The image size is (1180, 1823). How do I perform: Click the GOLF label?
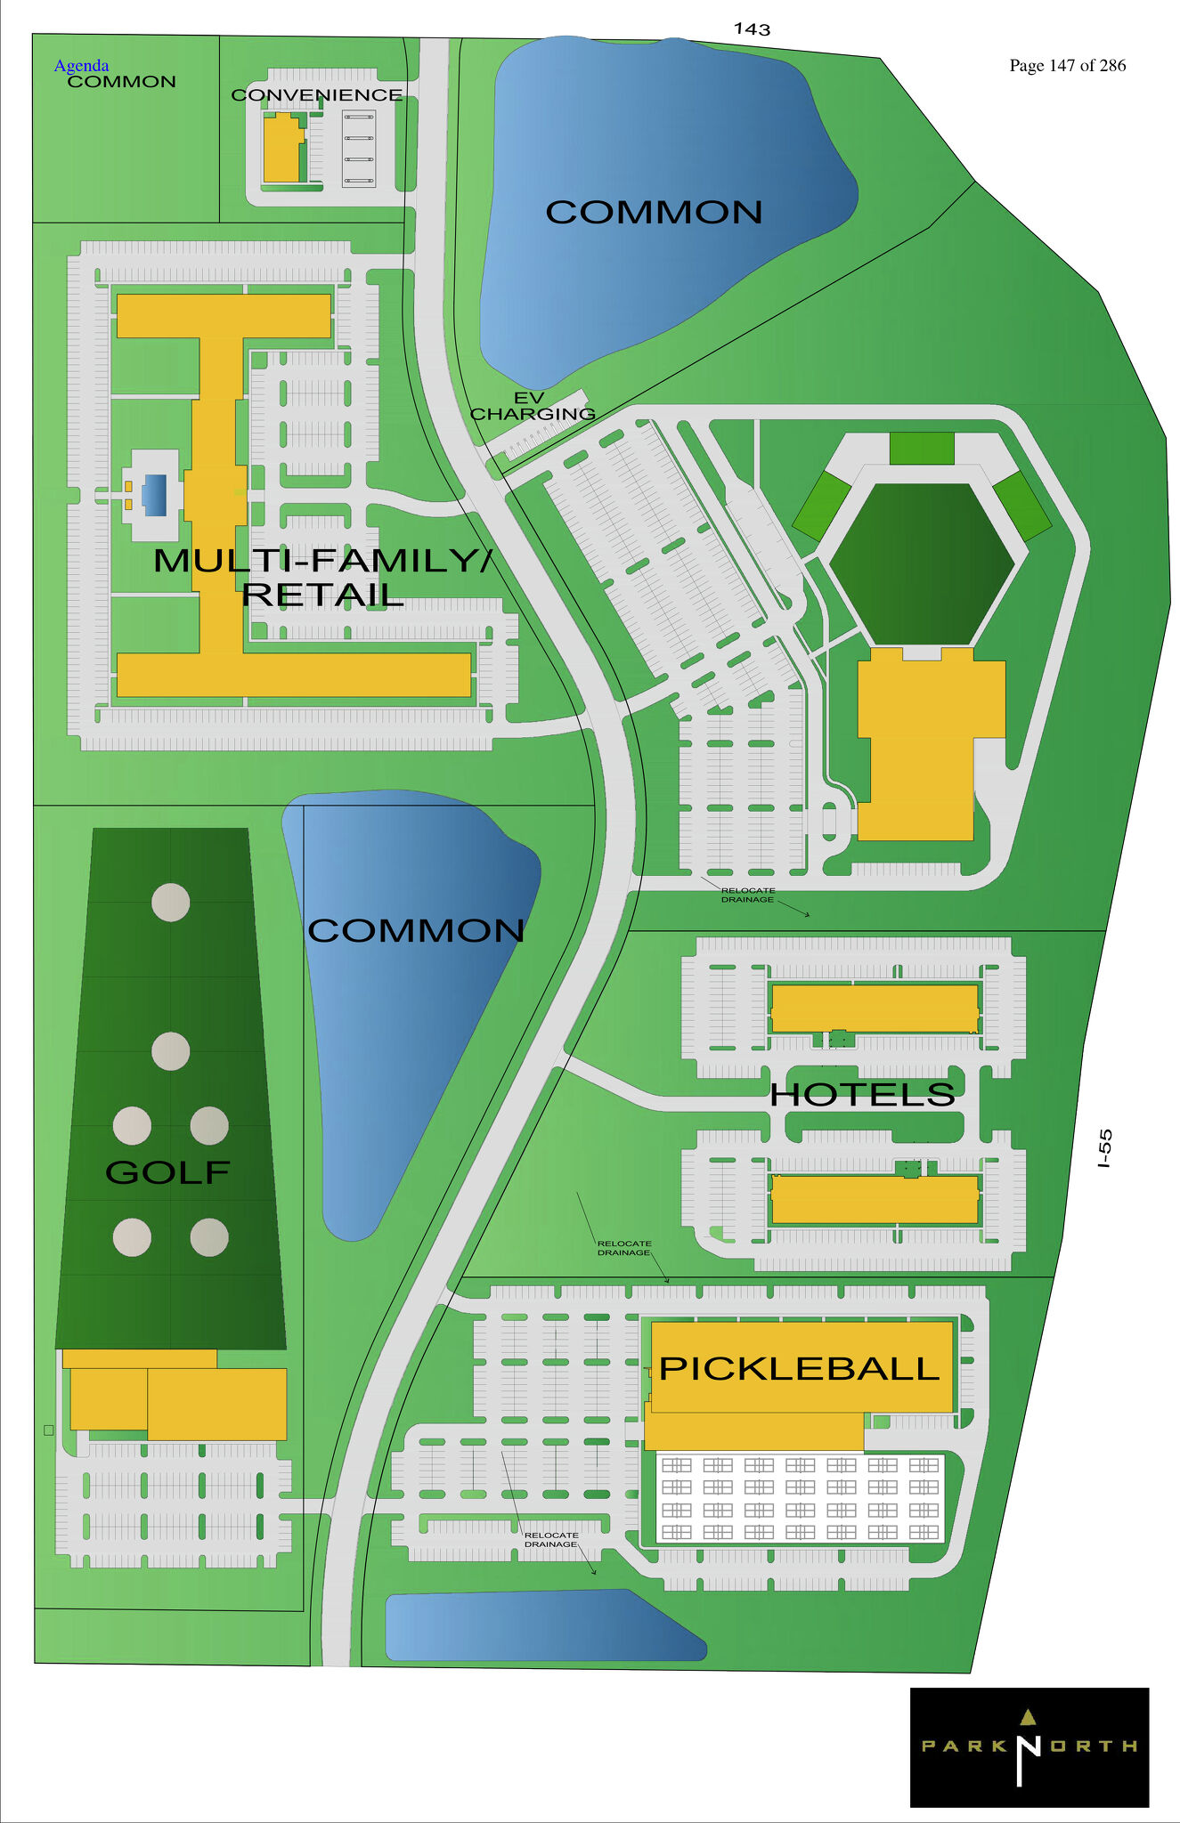[167, 1171]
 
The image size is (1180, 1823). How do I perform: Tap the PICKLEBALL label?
[799, 1368]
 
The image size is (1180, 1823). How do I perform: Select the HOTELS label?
[862, 1094]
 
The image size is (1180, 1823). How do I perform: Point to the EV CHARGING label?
[532, 406]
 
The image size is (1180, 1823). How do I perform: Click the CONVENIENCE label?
[316, 94]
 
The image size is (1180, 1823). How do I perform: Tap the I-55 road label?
[1104, 1148]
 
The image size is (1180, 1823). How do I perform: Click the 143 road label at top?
[752, 29]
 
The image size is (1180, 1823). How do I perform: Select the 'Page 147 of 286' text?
[1067, 65]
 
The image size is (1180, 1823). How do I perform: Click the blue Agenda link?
[81, 65]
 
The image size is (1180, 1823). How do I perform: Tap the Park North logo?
[1029, 1746]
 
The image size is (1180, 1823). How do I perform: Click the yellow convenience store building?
[281, 149]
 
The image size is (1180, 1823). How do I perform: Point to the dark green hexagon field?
[922, 563]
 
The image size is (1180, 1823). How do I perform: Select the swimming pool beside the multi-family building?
[154, 495]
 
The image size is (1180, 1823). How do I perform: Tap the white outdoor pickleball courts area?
[799, 1497]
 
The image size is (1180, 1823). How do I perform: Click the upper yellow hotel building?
[874, 1008]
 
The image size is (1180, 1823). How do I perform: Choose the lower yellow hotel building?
[874, 1199]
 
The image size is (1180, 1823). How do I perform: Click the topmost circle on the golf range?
[170, 902]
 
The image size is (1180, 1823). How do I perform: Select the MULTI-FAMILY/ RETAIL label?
[322, 577]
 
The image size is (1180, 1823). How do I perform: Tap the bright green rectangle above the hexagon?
[922, 448]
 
